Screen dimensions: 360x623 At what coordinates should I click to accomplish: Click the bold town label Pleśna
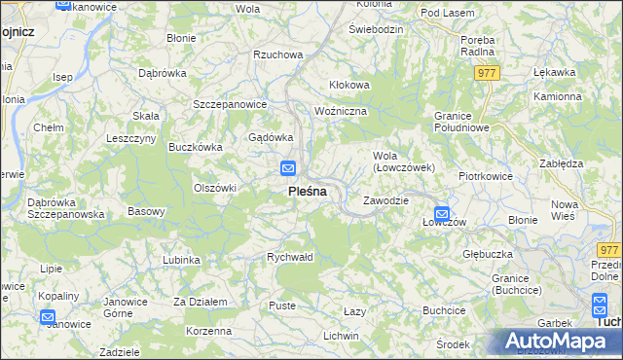click(307, 192)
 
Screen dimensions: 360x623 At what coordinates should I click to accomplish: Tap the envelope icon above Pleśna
click(288, 168)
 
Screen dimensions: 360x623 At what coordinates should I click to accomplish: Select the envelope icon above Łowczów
click(441, 213)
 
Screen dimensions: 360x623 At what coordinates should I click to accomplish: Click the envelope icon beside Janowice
click(48, 315)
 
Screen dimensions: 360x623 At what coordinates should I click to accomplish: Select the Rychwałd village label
click(290, 257)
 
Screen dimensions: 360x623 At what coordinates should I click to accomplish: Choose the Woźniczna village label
click(340, 111)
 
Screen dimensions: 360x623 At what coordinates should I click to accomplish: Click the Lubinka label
click(182, 260)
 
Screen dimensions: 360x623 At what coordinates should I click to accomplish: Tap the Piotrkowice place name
click(486, 176)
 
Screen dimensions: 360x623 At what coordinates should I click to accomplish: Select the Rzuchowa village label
click(277, 55)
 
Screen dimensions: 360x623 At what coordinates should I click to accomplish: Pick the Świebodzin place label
click(376, 29)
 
